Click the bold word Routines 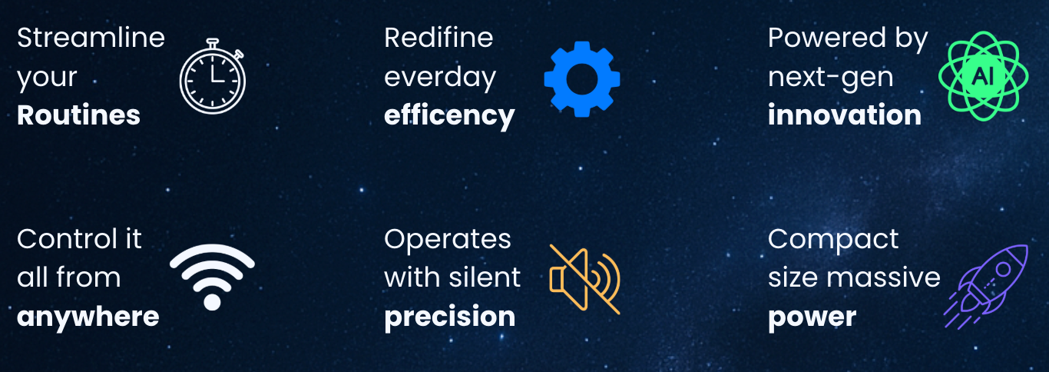pyautogui.click(x=78, y=115)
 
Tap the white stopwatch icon pyautogui.click(x=213, y=76)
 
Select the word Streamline pyautogui.click(x=91, y=38)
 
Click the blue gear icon pyautogui.click(x=582, y=79)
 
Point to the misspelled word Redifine pyautogui.click(x=438, y=38)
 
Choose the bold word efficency pyautogui.click(x=449, y=116)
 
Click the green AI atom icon pyautogui.click(x=984, y=76)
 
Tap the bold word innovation pyautogui.click(x=845, y=115)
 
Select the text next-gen pyautogui.click(x=831, y=78)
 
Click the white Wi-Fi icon pyautogui.click(x=212, y=262)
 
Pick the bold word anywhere pyautogui.click(x=88, y=317)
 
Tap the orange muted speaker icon pyautogui.click(x=585, y=279)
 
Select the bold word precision pyautogui.click(x=450, y=317)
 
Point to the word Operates pyautogui.click(x=448, y=240)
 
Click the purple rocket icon pyautogui.click(x=986, y=286)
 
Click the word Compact pyautogui.click(x=833, y=240)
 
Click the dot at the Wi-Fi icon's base pyautogui.click(x=212, y=302)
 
